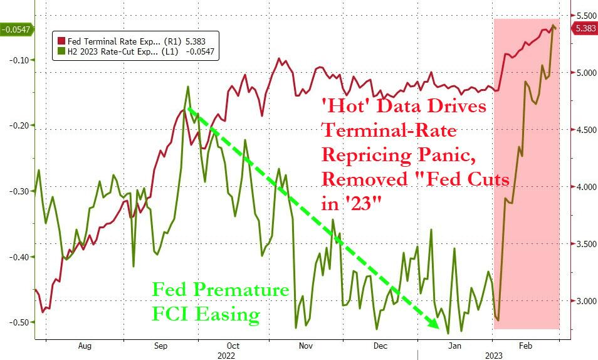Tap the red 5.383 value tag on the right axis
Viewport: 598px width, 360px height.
[x=584, y=28]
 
